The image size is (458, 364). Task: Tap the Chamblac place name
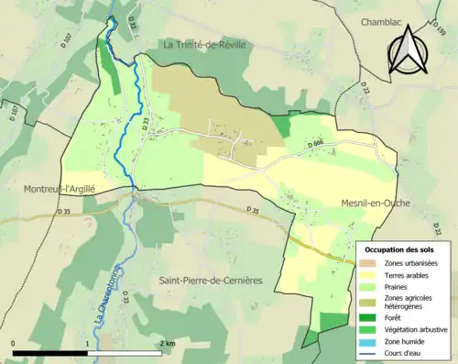[x=360, y=19]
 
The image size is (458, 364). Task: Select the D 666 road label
[x=317, y=142]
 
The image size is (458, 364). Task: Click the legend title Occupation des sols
[x=399, y=249]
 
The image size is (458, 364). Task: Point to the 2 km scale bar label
[x=168, y=343]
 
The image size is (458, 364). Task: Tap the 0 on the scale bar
[x=14, y=343]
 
